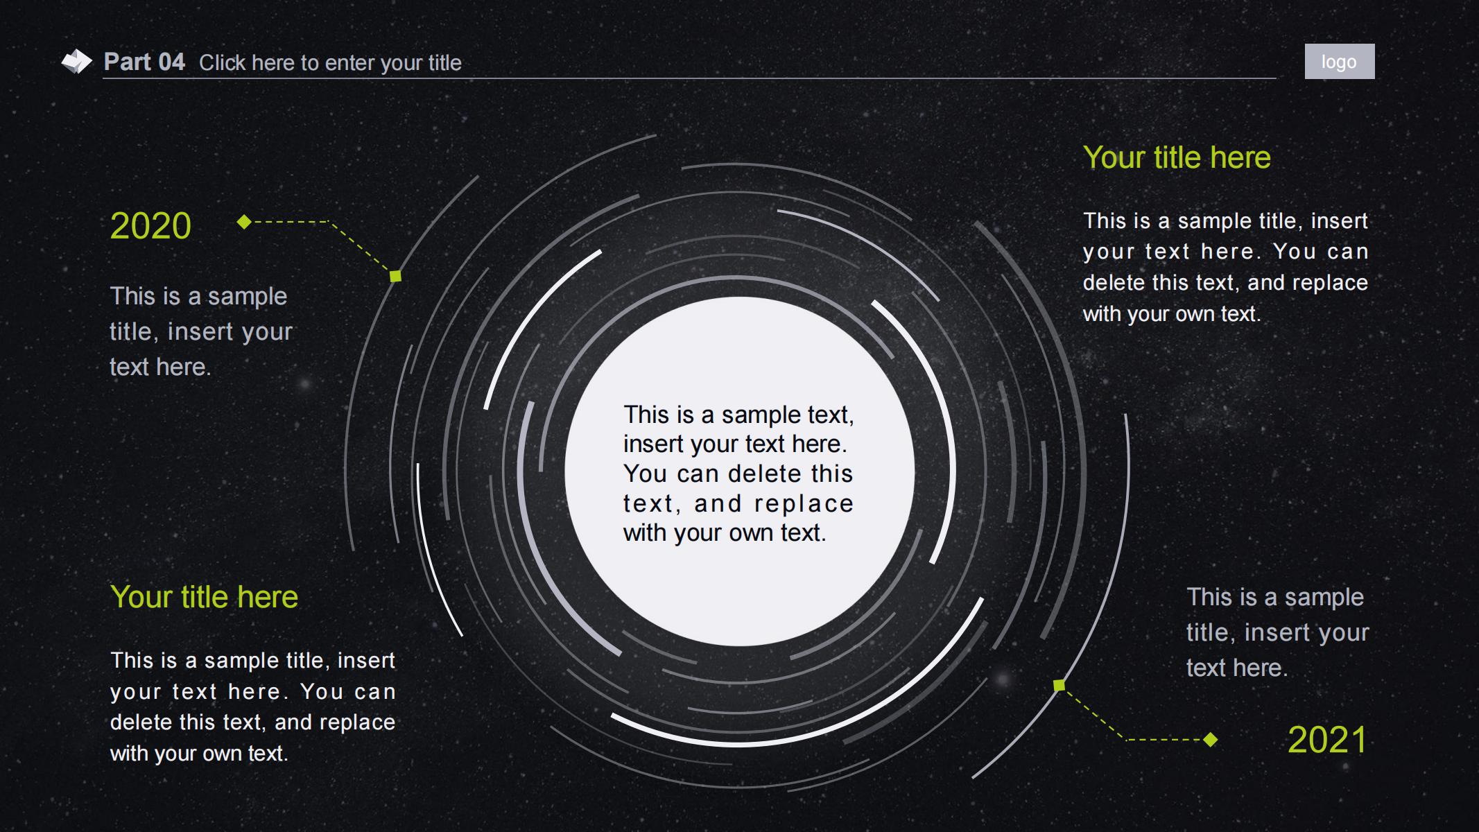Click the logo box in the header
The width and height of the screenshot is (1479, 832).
point(1339,62)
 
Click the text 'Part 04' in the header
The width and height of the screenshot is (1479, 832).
point(144,62)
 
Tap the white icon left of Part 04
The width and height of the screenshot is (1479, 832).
point(76,61)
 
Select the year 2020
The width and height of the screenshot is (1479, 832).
point(150,226)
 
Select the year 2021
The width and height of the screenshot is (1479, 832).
point(1327,740)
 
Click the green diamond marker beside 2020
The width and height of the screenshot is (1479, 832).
point(244,222)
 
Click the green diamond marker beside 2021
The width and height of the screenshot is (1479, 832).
point(1211,740)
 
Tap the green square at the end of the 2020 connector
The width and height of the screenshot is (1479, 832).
point(395,276)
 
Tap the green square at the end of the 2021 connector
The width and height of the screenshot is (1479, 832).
point(1059,685)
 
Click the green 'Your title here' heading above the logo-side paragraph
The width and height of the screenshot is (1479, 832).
point(1177,157)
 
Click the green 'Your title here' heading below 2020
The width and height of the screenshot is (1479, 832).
point(204,597)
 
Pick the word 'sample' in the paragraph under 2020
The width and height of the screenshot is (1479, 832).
point(247,297)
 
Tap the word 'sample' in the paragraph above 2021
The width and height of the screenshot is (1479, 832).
point(1324,598)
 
